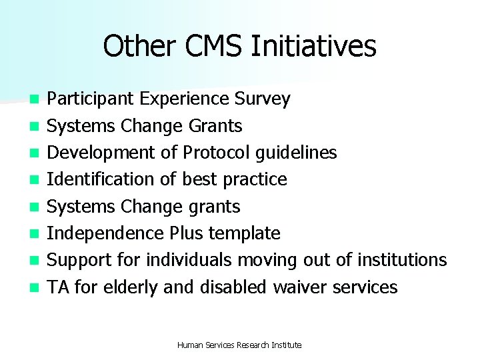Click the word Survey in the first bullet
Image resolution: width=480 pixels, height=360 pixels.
click(x=263, y=99)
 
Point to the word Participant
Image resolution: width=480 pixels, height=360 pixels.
click(x=91, y=99)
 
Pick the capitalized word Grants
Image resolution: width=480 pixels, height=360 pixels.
click(x=215, y=126)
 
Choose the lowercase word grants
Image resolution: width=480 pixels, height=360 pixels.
click(x=214, y=207)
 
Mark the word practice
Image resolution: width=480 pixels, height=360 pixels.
click(x=257, y=179)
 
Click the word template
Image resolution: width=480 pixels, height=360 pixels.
click(x=246, y=233)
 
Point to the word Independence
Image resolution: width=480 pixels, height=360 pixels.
click(x=105, y=233)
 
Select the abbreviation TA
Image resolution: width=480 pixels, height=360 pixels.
click(x=59, y=287)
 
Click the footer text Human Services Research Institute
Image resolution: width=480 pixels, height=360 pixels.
click(x=239, y=345)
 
